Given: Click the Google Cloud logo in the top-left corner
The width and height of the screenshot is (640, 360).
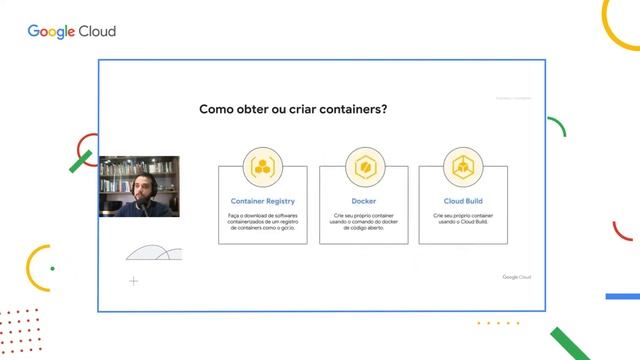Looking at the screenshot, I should pyautogui.click(x=71, y=31).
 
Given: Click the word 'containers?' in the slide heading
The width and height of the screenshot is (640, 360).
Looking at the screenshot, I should pyautogui.click(x=346, y=110).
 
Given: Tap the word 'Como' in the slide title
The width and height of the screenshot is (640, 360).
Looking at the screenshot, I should pyautogui.click(x=217, y=110).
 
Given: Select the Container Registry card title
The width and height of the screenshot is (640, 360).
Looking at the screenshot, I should pyautogui.click(x=263, y=201).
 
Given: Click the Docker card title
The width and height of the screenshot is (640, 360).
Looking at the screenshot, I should pyautogui.click(x=364, y=201).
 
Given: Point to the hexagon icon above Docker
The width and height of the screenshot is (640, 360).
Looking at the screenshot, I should pyautogui.click(x=364, y=165).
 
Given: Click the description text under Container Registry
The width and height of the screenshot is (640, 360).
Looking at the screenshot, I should pyautogui.click(x=263, y=221).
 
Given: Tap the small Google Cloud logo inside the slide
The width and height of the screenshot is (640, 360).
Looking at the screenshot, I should pyautogui.click(x=516, y=277).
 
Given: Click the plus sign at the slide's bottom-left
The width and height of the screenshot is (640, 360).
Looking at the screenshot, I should pyautogui.click(x=134, y=281).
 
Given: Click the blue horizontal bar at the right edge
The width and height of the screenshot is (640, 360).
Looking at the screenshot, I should pyautogui.click(x=622, y=297).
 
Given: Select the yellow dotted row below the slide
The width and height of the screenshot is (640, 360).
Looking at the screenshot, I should pyautogui.click(x=498, y=323).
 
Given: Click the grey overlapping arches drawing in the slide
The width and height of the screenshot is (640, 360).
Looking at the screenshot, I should pyautogui.click(x=154, y=253).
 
